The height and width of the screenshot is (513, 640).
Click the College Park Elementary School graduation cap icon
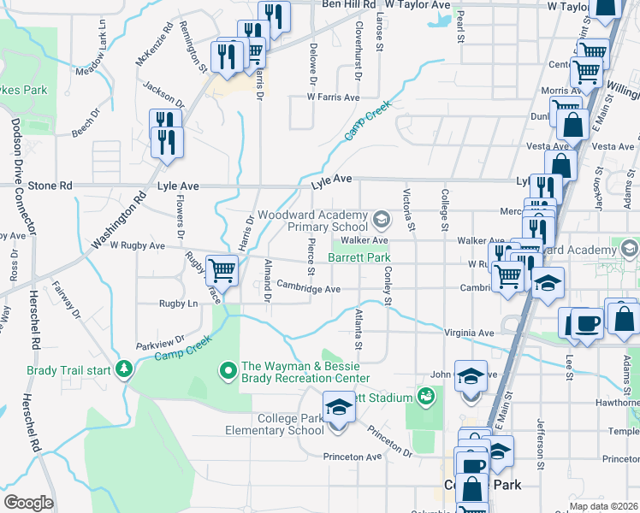pos(338,405)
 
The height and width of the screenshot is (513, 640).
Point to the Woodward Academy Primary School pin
pos(381,221)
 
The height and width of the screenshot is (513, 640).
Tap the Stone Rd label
pos(50,185)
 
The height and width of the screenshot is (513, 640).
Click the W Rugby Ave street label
pos(137,245)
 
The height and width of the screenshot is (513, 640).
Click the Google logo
pos(28,502)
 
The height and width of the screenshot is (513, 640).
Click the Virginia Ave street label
pos(470,333)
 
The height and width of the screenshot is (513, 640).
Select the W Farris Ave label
pos(334,97)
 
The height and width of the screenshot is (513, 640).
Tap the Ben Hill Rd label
pos(348,4)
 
